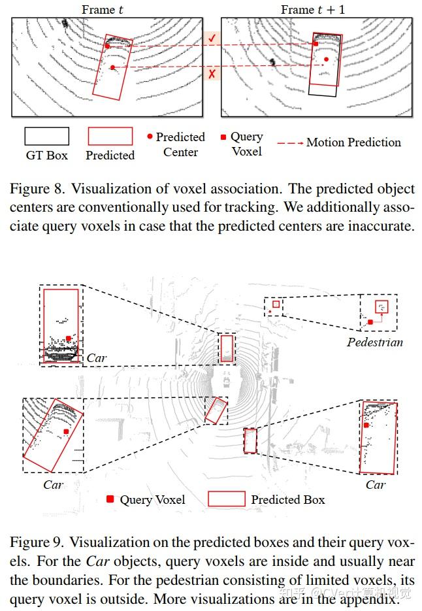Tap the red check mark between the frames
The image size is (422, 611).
212,39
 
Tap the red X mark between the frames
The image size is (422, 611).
212,74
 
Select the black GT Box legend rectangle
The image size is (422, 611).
46,136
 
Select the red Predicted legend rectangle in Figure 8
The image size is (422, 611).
110,136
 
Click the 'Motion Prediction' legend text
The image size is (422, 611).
353,142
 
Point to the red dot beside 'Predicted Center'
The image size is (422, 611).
150,137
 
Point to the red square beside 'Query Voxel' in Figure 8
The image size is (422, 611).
223,137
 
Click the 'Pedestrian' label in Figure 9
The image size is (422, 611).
374,342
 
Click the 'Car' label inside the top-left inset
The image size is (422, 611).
96,358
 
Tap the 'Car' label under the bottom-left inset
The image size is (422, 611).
53,485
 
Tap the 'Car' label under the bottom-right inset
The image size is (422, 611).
376,485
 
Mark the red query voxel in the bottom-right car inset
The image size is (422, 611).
367,425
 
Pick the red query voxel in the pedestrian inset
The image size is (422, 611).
370,322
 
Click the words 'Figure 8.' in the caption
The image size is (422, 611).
37,190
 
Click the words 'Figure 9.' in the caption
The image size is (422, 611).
37,542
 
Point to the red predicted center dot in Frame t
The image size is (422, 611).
112,67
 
